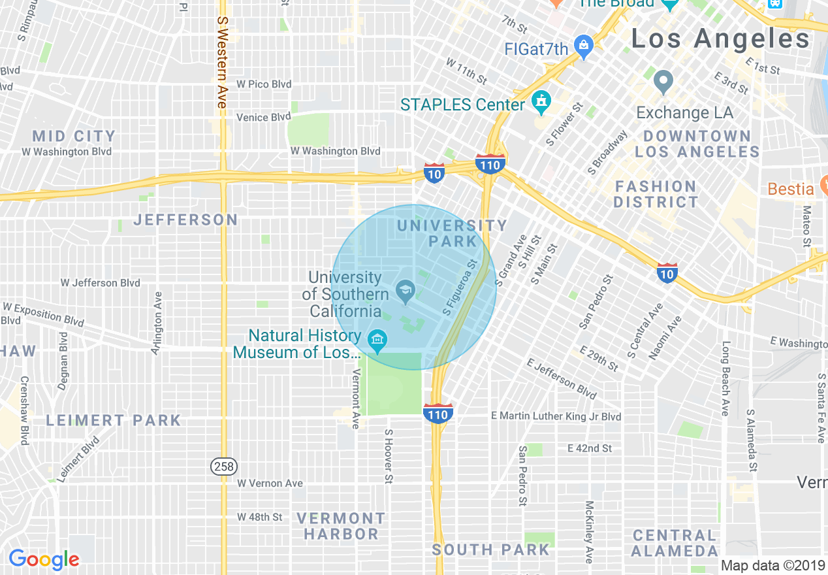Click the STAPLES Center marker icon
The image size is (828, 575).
(541, 102)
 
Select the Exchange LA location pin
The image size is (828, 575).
(663, 82)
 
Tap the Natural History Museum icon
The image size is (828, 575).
(377, 340)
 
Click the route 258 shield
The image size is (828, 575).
(223, 466)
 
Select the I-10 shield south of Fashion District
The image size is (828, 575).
(667, 272)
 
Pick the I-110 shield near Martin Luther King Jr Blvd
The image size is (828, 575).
(438, 413)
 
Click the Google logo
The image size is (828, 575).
(44, 559)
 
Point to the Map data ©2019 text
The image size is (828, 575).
(772, 565)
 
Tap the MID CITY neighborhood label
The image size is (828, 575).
(74, 137)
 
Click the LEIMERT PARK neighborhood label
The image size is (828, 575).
(113, 420)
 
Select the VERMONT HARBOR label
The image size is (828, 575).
(341, 526)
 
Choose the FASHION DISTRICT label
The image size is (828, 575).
(656, 194)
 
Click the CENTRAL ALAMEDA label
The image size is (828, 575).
(674, 543)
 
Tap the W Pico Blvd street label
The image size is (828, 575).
(264, 84)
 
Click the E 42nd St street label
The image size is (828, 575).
(590, 448)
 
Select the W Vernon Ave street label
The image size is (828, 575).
(270, 484)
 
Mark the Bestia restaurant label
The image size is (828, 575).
(791, 189)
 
